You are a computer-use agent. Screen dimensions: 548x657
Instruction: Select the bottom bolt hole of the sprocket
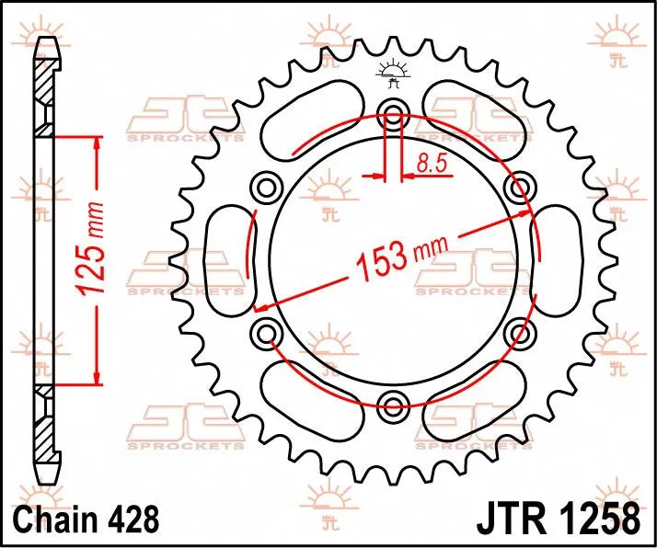pyautogui.click(x=394, y=404)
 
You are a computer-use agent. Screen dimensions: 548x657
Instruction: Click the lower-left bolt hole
pyautogui.click(x=268, y=332)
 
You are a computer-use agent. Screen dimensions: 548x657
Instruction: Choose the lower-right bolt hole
pyautogui.click(x=520, y=332)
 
